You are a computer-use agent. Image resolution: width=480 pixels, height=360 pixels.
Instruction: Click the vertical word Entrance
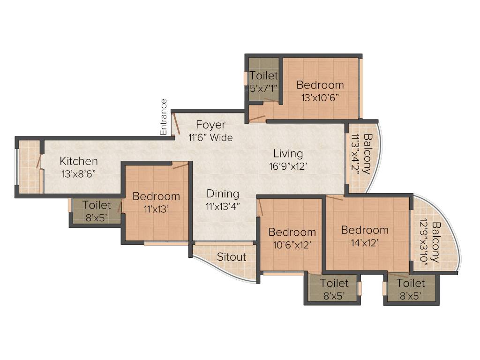click(x=164, y=117)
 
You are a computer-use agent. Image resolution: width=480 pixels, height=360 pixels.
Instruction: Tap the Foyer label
click(x=210, y=125)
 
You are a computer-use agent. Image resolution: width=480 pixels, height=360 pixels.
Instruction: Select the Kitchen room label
click(x=79, y=161)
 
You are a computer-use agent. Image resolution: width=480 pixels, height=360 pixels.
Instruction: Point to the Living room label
click(x=288, y=154)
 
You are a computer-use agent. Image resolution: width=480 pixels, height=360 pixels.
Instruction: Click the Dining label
click(x=223, y=194)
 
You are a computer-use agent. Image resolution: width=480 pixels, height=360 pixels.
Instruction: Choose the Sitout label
click(x=232, y=257)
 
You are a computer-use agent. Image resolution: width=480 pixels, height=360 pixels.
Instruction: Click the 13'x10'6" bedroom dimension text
click(x=320, y=98)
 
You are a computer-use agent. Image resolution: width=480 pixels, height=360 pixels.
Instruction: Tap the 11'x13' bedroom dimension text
click(x=156, y=209)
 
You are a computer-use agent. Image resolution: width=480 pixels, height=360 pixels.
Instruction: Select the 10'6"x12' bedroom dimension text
click(x=292, y=245)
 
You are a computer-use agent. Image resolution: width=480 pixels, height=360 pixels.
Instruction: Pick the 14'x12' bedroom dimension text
click(x=365, y=242)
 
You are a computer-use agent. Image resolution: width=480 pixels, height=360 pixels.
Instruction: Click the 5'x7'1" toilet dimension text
click(x=264, y=87)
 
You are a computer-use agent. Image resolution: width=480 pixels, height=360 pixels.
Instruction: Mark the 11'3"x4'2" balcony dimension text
click(x=356, y=154)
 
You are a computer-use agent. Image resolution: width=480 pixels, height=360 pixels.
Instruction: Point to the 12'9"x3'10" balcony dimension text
click(x=425, y=245)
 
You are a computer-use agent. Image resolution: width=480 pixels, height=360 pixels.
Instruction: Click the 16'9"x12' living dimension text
click(x=288, y=166)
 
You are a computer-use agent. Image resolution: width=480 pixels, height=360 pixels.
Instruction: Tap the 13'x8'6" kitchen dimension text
click(x=79, y=173)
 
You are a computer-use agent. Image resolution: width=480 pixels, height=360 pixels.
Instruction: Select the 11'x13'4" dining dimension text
click(x=223, y=206)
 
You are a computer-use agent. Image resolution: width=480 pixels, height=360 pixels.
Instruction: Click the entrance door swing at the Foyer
click(x=175, y=124)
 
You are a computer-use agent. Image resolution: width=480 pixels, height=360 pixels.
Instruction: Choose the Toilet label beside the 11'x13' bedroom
click(x=97, y=205)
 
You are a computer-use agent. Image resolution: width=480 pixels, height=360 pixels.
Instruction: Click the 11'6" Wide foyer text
click(x=210, y=138)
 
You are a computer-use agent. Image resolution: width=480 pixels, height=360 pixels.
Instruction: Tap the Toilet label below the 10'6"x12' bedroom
click(x=334, y=284)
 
